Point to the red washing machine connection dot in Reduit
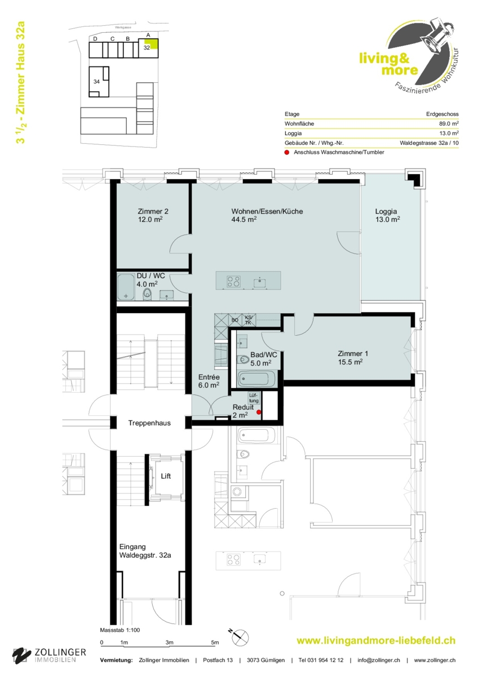pyautogui.click(x=259, y=412)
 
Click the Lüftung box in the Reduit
pyautogui.click(x=254, y=398)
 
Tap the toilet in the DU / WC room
pyautogui.click(x=147, y=293)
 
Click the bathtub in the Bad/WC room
pyautogui.click(x=256, y=379)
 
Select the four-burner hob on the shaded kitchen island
pyautogui.click(x=233, y=281)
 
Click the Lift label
pyautogui.click(x=166, y=476)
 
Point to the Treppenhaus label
pyautogui.click(x=149, y=423)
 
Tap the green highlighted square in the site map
pyautogui.click(x=154, y=44)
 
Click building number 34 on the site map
pyautogui.click(x=96, y=82)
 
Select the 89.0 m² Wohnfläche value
pyautogui.click(x=449, y=123)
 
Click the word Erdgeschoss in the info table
pyautogui.click(x=442, y=114)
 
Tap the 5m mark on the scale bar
pyautogui.click(x=215, y=642)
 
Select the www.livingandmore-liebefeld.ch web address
pyautogui.click(x=376, y=641)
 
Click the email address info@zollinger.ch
pyautogui.click(x=379, y=660)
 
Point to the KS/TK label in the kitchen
pyautogui.click(x=248, y=320)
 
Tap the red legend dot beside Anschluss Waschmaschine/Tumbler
pyautogui.click(x=287, y=153)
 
